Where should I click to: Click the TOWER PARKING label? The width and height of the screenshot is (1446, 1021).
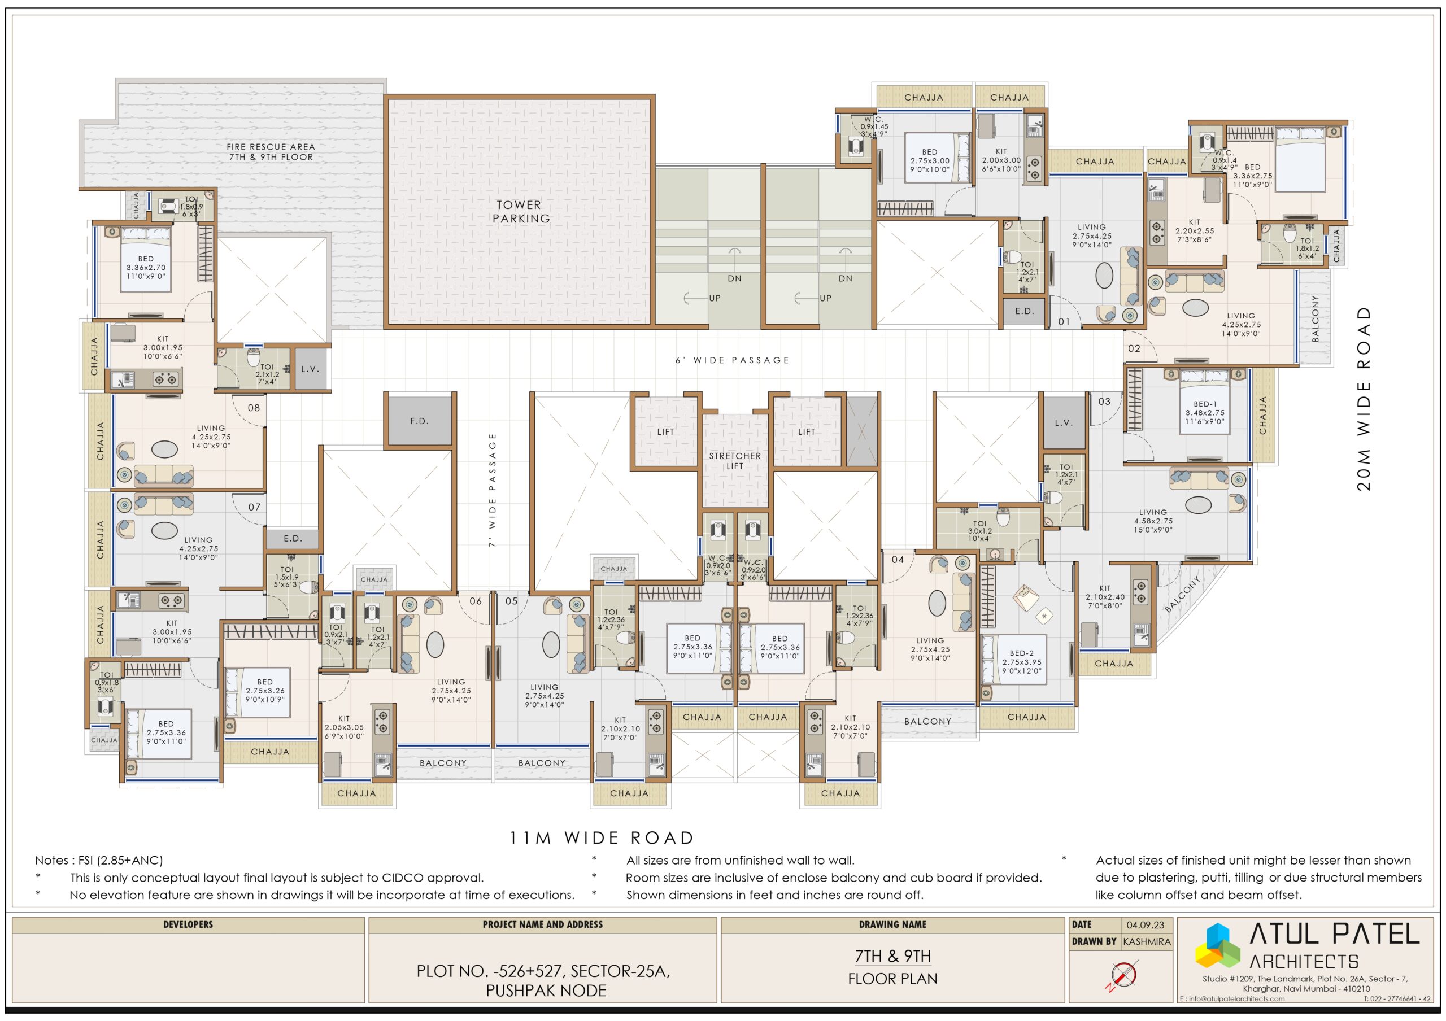pos(520,212)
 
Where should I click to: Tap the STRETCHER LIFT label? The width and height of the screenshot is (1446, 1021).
pos(734,461)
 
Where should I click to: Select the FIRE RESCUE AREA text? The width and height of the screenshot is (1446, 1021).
pos(271,147)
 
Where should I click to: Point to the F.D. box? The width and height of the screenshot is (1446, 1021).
pos(420,421)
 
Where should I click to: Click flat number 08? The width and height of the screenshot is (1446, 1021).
pos(253,407)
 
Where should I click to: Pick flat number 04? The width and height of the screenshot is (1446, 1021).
pos(898,559)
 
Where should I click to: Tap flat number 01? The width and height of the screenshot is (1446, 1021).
pos(1064,322)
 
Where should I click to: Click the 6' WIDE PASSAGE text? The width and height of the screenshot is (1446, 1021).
pos(733,360)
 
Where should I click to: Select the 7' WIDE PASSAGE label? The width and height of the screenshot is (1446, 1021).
pos(493,489)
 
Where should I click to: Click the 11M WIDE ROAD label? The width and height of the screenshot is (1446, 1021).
pos(602,838)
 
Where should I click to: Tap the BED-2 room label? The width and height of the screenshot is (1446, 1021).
pos(1022,653)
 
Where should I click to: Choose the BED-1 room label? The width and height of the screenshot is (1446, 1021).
pos(1205,404)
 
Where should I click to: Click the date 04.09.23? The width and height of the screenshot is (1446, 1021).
pos(1145,924)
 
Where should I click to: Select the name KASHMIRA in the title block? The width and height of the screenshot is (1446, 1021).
pos(1146,942)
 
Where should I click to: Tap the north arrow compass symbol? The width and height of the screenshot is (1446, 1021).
pos(1123,975)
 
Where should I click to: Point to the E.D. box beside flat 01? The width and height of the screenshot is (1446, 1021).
pos(1024,311)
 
